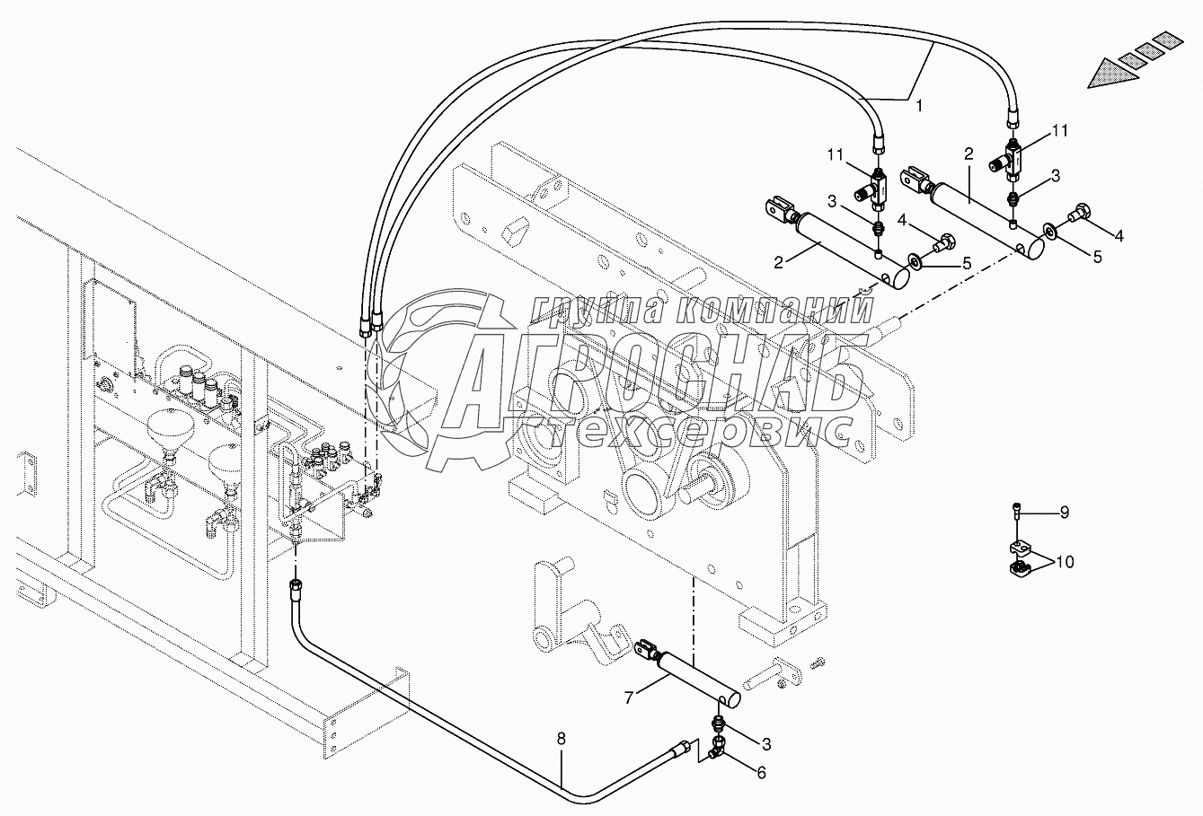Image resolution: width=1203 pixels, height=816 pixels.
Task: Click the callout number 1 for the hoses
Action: pos(918,105)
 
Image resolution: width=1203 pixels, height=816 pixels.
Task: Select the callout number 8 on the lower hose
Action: pos(562,739)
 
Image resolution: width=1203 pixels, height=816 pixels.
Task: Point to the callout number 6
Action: pos(761,772)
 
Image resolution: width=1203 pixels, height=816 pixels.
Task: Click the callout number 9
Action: pos(1064,513)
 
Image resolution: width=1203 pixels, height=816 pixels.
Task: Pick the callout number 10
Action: pos(1065,563)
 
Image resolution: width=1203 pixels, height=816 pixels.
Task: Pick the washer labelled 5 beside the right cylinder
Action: pos(1049,235)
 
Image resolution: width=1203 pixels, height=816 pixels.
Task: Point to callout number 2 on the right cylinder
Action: pos(969,154)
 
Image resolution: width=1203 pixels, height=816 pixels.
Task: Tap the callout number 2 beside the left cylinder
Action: pos(779,261)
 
